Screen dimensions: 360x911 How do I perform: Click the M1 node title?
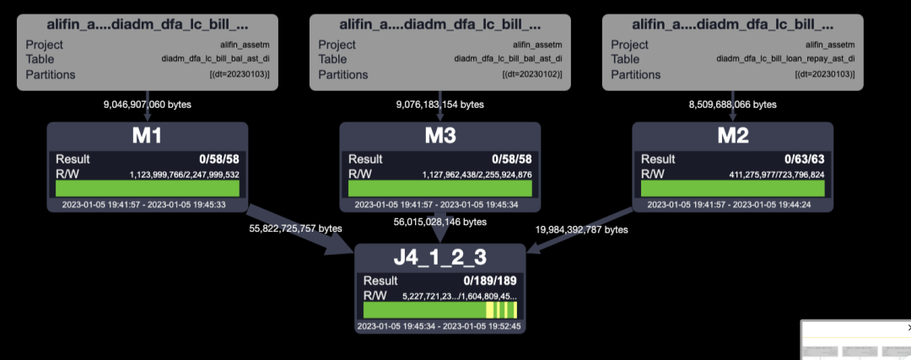(148, 137)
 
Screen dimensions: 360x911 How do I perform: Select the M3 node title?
(439, 137)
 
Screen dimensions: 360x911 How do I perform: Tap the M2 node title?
(732, 137)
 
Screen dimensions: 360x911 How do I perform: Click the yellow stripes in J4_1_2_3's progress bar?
(501, 310)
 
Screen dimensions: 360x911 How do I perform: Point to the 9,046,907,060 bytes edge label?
(148, 105)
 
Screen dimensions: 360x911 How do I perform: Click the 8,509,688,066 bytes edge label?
(729, 105)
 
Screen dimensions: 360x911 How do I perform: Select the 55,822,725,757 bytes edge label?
(294, 228)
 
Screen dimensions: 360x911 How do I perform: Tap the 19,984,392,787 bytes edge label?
(581, 228)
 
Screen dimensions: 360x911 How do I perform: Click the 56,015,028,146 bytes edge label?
(439, 222)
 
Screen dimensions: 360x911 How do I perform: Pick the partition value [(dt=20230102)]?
(531, 75)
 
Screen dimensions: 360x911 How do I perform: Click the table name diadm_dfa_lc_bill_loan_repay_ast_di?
(786, 59)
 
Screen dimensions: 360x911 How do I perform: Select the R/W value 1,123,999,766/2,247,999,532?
(184, 175)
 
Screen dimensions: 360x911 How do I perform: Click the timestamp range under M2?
(732, 204)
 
